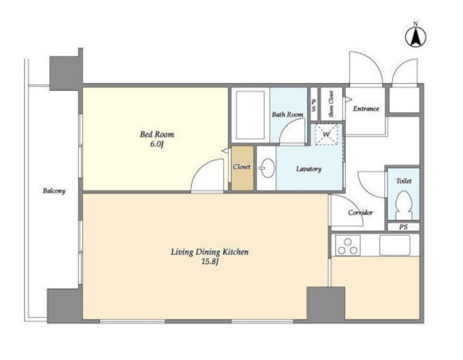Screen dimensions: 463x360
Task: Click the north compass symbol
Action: (x=415, y=36)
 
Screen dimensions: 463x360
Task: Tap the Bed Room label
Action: (x=157, y=135)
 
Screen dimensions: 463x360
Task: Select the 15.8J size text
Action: (x=210, y=262)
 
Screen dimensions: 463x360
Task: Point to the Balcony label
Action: (x=54, y=191)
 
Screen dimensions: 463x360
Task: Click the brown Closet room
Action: (x=242, y=168)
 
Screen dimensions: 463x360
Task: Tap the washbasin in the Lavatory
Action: (x=267, y=168)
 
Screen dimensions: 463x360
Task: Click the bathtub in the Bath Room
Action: (x=251, y=115)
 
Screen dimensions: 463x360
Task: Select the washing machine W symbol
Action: (x=326, y=135)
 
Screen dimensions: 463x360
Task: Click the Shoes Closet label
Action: (x=332, y=104)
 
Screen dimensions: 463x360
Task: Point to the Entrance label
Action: (x=366, y=109)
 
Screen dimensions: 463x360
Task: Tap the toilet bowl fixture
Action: (x=403, y=202)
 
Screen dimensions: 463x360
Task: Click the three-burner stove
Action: (x=347, y=246)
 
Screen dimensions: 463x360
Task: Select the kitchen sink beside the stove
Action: (x=395, y=246)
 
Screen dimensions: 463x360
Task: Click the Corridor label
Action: (x=360, y=212)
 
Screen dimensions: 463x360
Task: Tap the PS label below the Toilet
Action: (x=403, y=227)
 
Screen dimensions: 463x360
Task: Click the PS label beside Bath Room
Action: (x=314, y=105)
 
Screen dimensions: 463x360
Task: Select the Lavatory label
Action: (x=309, y=169)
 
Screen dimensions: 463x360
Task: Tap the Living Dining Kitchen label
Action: (x=210, y=252)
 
